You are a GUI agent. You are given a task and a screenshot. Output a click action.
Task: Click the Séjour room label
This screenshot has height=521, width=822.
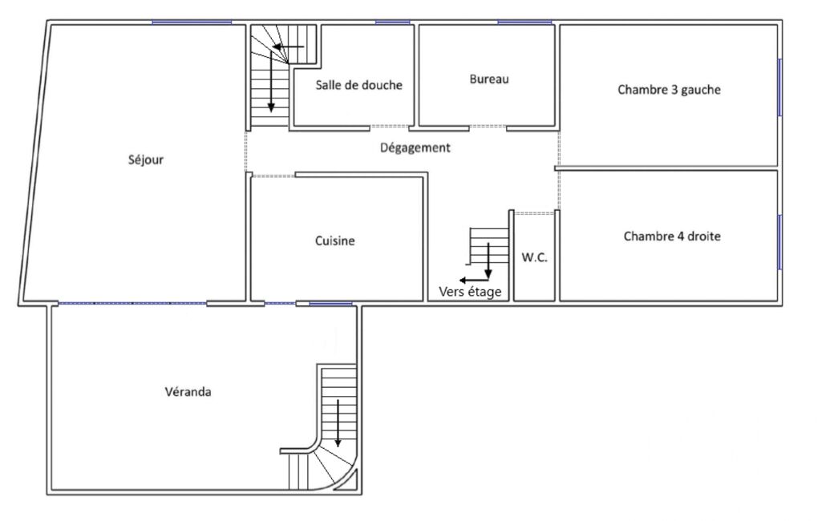pyautogui.click(x=146, y=160)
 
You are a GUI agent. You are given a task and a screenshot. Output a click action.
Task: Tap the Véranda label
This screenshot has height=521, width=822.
pyautogui.click(x=188, y=391)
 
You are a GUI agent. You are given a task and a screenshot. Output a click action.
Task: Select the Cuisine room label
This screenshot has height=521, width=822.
pyautogui.click(x=334, y=240)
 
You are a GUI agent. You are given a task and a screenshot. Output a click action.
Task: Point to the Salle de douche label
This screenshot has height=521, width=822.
pyautogui.click(x=358, y=85)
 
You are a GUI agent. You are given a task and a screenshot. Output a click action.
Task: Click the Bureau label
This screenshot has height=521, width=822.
pyautogui.click(x=489, y=79)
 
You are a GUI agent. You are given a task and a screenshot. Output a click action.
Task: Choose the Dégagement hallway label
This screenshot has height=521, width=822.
pyautogui.click(x=415, y=147)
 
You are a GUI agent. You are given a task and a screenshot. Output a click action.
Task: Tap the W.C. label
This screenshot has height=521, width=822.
pyautogui.click(x=534, y=257)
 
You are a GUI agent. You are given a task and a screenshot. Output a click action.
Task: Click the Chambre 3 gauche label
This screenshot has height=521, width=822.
pyautogui.click(x=669, y=90)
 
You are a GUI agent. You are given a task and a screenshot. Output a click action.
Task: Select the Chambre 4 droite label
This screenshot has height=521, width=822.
pyautogui.click(x=671, y=236)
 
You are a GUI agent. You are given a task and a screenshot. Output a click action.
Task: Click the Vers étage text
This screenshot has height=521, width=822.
pyautogui.click(x=470, y=292)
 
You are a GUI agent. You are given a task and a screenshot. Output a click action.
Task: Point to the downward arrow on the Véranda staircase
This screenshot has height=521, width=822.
pyautogui.click(x=338, y=423)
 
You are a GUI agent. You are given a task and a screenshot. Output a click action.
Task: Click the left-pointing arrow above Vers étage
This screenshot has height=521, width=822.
pyautogui.click(x=474, y=281)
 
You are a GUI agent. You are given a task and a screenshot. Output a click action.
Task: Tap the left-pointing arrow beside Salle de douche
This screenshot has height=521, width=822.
pyautogui.click(x=288, y=46)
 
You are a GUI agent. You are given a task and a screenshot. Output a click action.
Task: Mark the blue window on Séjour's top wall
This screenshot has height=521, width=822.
pyautogui.click(x=192, y=22)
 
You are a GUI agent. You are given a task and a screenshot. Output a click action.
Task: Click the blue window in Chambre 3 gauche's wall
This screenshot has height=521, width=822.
pyautogui.click(x=780, y=87)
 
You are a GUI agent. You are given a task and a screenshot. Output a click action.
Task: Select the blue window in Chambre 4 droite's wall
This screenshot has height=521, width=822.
pyautogui.click(x=780, y=242)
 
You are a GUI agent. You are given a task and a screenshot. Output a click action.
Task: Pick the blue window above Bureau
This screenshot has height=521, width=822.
pyautogui.click(x=524, y=22)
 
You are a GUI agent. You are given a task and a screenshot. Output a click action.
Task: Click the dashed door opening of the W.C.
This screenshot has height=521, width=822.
pyautogui.click(x=533, y=213)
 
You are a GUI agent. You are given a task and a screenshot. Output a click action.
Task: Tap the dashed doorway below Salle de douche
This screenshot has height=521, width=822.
pyautogui.click(x=390, y=127)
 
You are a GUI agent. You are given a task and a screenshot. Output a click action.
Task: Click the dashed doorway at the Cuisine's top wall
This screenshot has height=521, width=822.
pyautogui.click(x=273, y=176)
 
